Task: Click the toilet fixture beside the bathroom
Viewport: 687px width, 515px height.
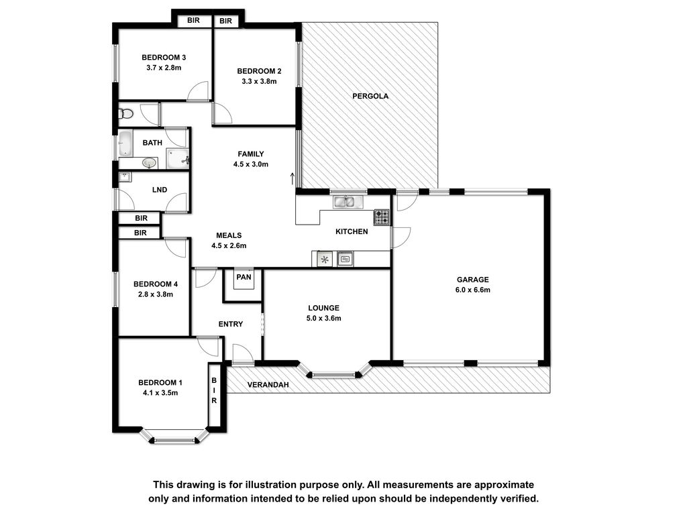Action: pos(125,114)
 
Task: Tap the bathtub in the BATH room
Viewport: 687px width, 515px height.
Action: pos(125,143)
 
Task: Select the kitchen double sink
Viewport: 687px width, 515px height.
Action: pos(348,202)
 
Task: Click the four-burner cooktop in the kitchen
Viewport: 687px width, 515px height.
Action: pos(381,217)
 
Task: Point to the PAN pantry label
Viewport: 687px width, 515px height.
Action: pos(244,277)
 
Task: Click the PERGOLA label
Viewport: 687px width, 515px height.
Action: pos(370,96)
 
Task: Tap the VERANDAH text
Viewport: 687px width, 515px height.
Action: pos(268,385)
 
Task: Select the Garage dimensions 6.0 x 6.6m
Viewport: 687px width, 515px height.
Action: pos(473,290)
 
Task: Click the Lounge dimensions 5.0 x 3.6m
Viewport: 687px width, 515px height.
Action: pos(324,319)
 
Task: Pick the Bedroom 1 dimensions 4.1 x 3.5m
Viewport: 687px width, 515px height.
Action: pos(160,393)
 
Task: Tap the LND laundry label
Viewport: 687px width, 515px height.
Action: pos(160,190)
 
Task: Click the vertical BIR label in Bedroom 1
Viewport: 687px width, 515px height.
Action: pos(214,390)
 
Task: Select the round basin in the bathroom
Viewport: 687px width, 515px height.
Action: pos(150,163)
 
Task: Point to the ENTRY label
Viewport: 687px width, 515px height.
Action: pos(231,324)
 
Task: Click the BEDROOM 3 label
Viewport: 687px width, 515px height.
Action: pos(164,58)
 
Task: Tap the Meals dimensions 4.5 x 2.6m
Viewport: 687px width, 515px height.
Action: pos(229,245)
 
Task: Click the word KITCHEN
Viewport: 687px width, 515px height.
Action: pos(352,231)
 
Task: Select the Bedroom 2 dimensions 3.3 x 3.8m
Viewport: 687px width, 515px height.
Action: pos(259,81)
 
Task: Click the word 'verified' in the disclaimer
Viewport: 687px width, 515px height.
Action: pos(520,498)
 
